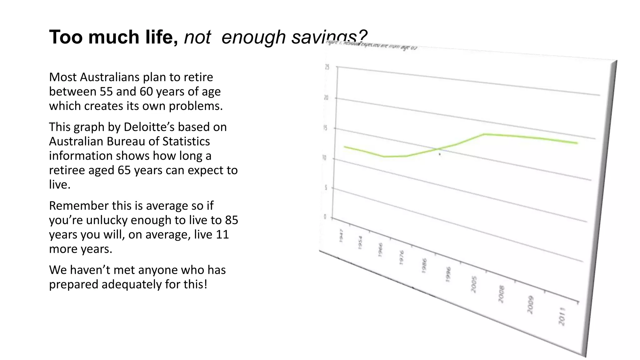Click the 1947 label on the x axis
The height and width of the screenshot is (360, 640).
[x=341, y=235]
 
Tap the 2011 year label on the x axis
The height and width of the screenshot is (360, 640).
[x=562, y=316]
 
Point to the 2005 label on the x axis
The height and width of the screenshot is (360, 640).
[x=473, y=284]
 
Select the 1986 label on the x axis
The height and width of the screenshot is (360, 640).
[x=424, y=266]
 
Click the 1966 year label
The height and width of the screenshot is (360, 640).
[x=380, y=250]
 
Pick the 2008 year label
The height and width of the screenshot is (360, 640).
[x=501, y=294]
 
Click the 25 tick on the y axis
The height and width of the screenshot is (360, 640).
[x=327, y=67]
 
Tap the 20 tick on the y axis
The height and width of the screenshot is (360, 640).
[x=326, y=98]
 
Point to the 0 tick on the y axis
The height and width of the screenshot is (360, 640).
[x=325, y=217]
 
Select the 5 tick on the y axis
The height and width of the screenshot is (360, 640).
[x=326, y=188]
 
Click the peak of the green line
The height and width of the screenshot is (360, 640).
[x=484, y=134]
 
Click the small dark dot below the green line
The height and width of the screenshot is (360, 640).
[x=440, y=154]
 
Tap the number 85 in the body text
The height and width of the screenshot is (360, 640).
[x=231, y=220]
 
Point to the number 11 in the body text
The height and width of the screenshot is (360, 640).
[x=222, y=234]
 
